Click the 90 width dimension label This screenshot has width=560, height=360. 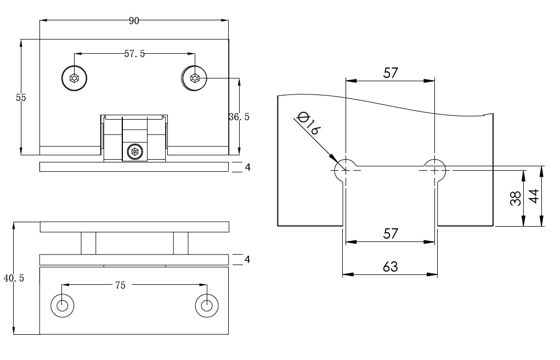tap(134, 21)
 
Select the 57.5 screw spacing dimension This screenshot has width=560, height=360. tap(134, 54)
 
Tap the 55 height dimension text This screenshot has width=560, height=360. tap(21, 98)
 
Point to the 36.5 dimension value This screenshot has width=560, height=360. tap(239, 117)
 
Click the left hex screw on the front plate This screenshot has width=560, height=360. tap(74, 78)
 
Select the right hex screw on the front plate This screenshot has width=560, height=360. tap(195, 78)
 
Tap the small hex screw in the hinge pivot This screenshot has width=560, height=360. tap(134, 151)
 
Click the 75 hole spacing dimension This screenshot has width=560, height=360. tap(120, 285)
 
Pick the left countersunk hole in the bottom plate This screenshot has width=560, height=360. tap(63, 305)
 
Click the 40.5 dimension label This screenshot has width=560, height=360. tap(14, 278)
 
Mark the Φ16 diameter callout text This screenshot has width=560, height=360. tap(308, 123)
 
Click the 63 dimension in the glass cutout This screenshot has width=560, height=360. tap(390, 267)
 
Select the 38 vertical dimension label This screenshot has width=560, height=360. tap(515, 198)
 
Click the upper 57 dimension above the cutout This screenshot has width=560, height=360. tap(390, 73)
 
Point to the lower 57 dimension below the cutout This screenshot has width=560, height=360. tap(390, 234)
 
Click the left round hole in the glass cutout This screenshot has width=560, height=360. tap(346, 170)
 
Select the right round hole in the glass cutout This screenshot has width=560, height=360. tap(435, 170)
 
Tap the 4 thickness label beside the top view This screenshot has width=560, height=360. tap(247, 167)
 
